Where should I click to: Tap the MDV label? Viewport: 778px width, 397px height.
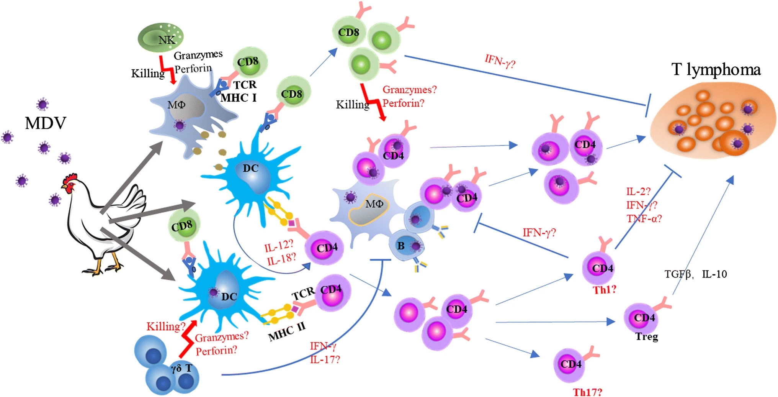[x=45, y=123]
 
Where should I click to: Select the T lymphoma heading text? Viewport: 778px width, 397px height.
[x=716, y=70]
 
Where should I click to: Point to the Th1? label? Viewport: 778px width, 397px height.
[x=605, y=290]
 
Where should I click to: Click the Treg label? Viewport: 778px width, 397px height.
[x=647, y=336]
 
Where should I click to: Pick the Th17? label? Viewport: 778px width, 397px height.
[x=587, y=392]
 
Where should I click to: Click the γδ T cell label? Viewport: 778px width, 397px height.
[x=181, y=369]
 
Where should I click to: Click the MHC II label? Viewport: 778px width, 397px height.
[x=287, y=332]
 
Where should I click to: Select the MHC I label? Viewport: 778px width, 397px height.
[x=238, y=98]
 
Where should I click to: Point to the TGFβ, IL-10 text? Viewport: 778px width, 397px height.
[x=695, y=274]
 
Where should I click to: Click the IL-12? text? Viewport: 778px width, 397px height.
[x=279, y=246]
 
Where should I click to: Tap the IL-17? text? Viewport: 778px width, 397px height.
[x=325, y=359]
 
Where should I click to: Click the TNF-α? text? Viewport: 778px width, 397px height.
[x=644, y=218]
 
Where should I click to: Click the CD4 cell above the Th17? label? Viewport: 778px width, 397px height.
[x=570, y=364]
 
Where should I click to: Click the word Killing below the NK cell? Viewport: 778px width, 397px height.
[x=148, y=73]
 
